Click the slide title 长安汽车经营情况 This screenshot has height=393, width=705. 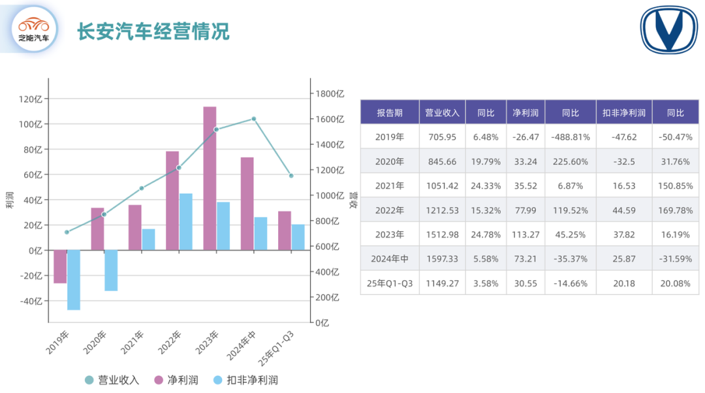coord(154,31)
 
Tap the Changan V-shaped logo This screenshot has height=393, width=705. coord(668,31)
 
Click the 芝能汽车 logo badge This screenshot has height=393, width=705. coord(34,29)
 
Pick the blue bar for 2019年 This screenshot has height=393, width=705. coord(73,279)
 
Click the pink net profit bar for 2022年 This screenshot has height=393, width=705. coord(172,200)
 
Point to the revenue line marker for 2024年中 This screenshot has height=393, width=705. coord(254,119)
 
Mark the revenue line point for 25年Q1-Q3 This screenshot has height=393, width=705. coord(291,176)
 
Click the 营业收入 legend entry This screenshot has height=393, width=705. coord(112,380)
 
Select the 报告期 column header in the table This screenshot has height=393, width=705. coord(390,113)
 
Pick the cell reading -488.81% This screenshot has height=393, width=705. coord(571,137)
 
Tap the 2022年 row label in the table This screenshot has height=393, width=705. coord(390,210)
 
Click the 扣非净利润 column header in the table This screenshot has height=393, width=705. coord(623,113)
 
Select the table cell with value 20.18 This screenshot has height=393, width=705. coord(623,283)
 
